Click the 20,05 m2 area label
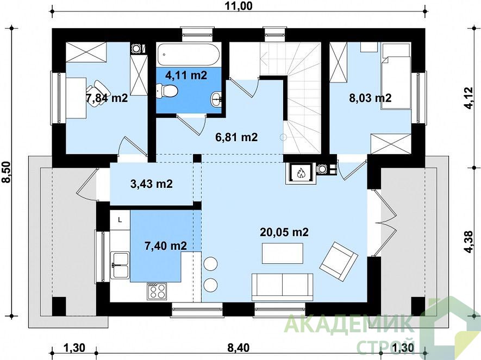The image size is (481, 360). [284, 232]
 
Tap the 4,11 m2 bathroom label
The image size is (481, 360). [186, 75]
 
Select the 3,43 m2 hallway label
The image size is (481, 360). [152, 184]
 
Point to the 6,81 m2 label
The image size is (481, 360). [236, 137]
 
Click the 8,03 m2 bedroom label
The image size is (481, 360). [370, 98]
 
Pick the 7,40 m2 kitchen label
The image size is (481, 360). [166, 245]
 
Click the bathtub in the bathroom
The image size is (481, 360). [189, 54]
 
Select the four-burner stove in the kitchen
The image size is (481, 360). [157, 291]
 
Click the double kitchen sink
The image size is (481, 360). [120, 265]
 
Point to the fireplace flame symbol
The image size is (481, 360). [299, 173]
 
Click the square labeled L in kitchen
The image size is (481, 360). [120, 220]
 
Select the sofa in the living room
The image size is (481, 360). [282, 287]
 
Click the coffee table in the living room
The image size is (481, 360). [283, 254]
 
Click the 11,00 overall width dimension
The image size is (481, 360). [239, 6]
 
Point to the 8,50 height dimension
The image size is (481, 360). [7, 172]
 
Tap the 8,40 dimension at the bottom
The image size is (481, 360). [239, 348]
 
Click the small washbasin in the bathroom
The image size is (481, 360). [217, 98]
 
